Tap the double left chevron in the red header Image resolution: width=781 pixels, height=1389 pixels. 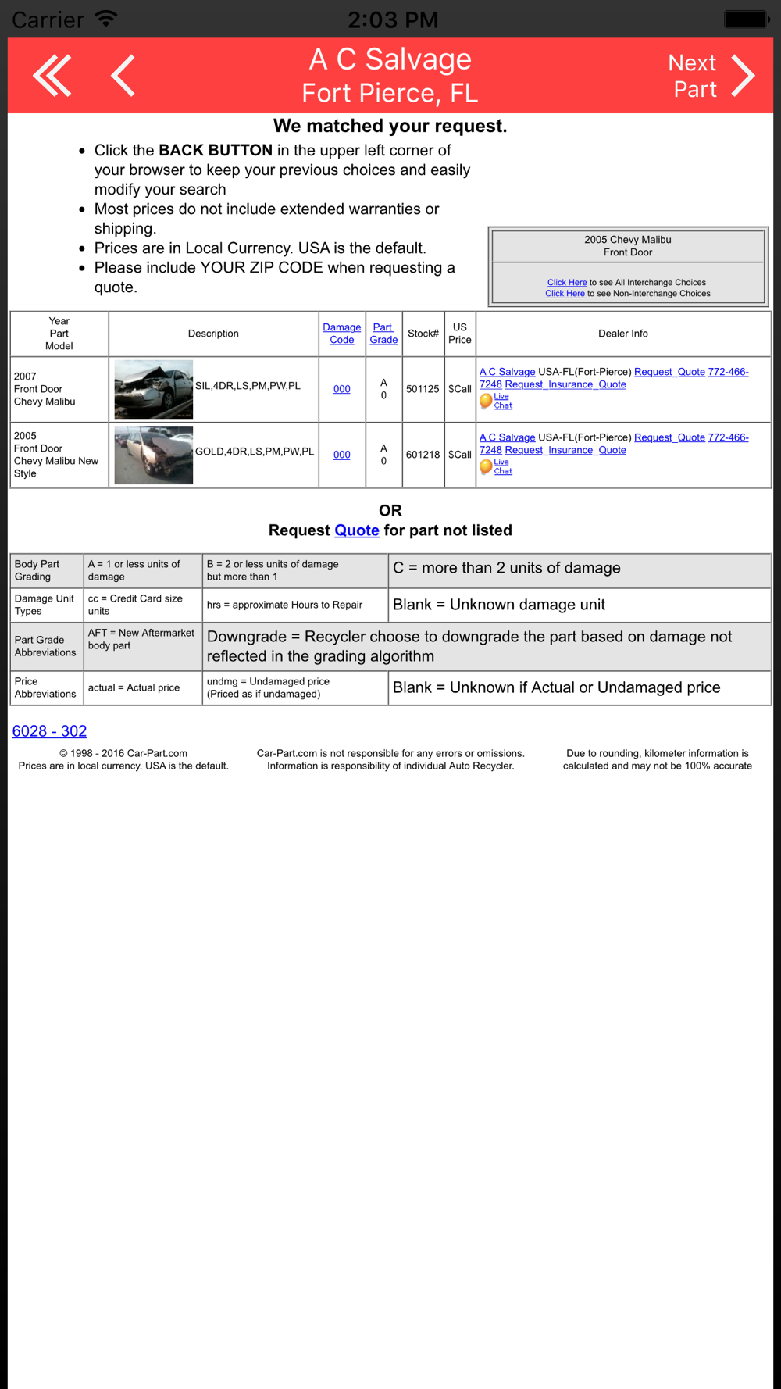point(52,76)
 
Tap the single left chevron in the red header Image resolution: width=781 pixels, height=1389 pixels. point(123,76)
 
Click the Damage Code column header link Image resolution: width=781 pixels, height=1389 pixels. point(341,334)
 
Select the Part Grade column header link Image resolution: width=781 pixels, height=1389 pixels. point(383,334)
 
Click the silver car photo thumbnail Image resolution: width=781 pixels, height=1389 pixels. point(153,389)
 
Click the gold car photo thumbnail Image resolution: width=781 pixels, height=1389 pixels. point(153,455)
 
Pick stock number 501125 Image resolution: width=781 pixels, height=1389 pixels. point(423,389)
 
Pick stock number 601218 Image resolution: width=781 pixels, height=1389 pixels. point(423,455)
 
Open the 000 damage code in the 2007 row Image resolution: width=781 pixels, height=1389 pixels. point(341,389)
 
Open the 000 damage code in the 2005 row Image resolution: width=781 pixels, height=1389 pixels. point(341,455)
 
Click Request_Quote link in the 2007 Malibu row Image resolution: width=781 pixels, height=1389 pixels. point(669,372)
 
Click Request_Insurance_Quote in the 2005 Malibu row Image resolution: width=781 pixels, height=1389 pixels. point(565,450)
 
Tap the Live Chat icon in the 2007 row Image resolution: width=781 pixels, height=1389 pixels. point(487,401)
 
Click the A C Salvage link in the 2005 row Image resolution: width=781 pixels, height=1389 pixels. point(507,437)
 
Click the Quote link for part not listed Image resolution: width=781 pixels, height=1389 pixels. point(357,530)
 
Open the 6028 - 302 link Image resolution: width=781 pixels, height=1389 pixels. point(49,731)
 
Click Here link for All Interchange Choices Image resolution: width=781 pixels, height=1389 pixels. point(567,283)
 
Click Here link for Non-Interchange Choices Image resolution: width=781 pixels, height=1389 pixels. point(565,294)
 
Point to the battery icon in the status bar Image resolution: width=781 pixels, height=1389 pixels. point(746,19)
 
